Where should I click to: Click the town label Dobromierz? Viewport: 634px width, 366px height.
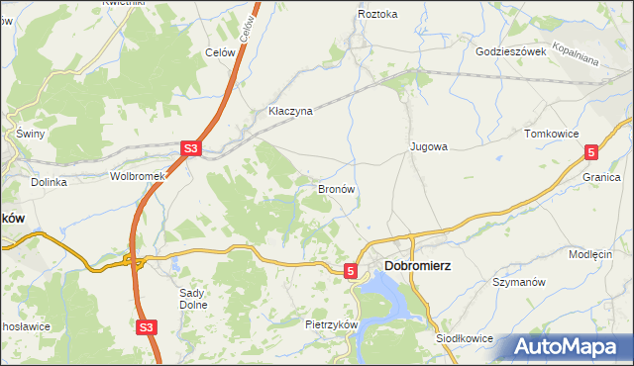pyautogui.click(x=420, y=265)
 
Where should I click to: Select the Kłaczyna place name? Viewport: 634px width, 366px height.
pyautogui.click(x=290, y=111)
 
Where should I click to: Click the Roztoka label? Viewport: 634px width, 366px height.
pyautogui.click(x=377, y=15)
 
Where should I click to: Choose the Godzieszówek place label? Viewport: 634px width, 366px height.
pyautogui.click(x=511, y=51)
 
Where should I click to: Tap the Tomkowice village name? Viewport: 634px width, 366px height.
pyautogui.click(x=551, y=133)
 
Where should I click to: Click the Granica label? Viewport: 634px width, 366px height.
pyautogui.click(x=601, y=176)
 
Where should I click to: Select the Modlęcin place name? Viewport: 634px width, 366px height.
pyautogui.click(x=591, y=254)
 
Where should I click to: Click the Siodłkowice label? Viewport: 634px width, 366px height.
pyautogui.click(x=465, y=337)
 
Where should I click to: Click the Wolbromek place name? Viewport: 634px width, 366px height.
pyautogui.click(x=136, y=176)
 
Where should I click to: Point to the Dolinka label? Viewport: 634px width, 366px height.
pyautogui.click(x=49, y=182)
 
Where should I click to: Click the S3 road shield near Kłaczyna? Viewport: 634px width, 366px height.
pyautogui.click(x=191, y=149)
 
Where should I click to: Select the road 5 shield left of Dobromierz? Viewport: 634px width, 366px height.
pyautogui.click(x=351, y=269)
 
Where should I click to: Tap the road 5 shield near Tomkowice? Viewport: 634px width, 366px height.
pyautogui.click(x=591, y=151)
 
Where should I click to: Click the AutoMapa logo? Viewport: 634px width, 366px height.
pyautogui.click(x=569, y=347)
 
